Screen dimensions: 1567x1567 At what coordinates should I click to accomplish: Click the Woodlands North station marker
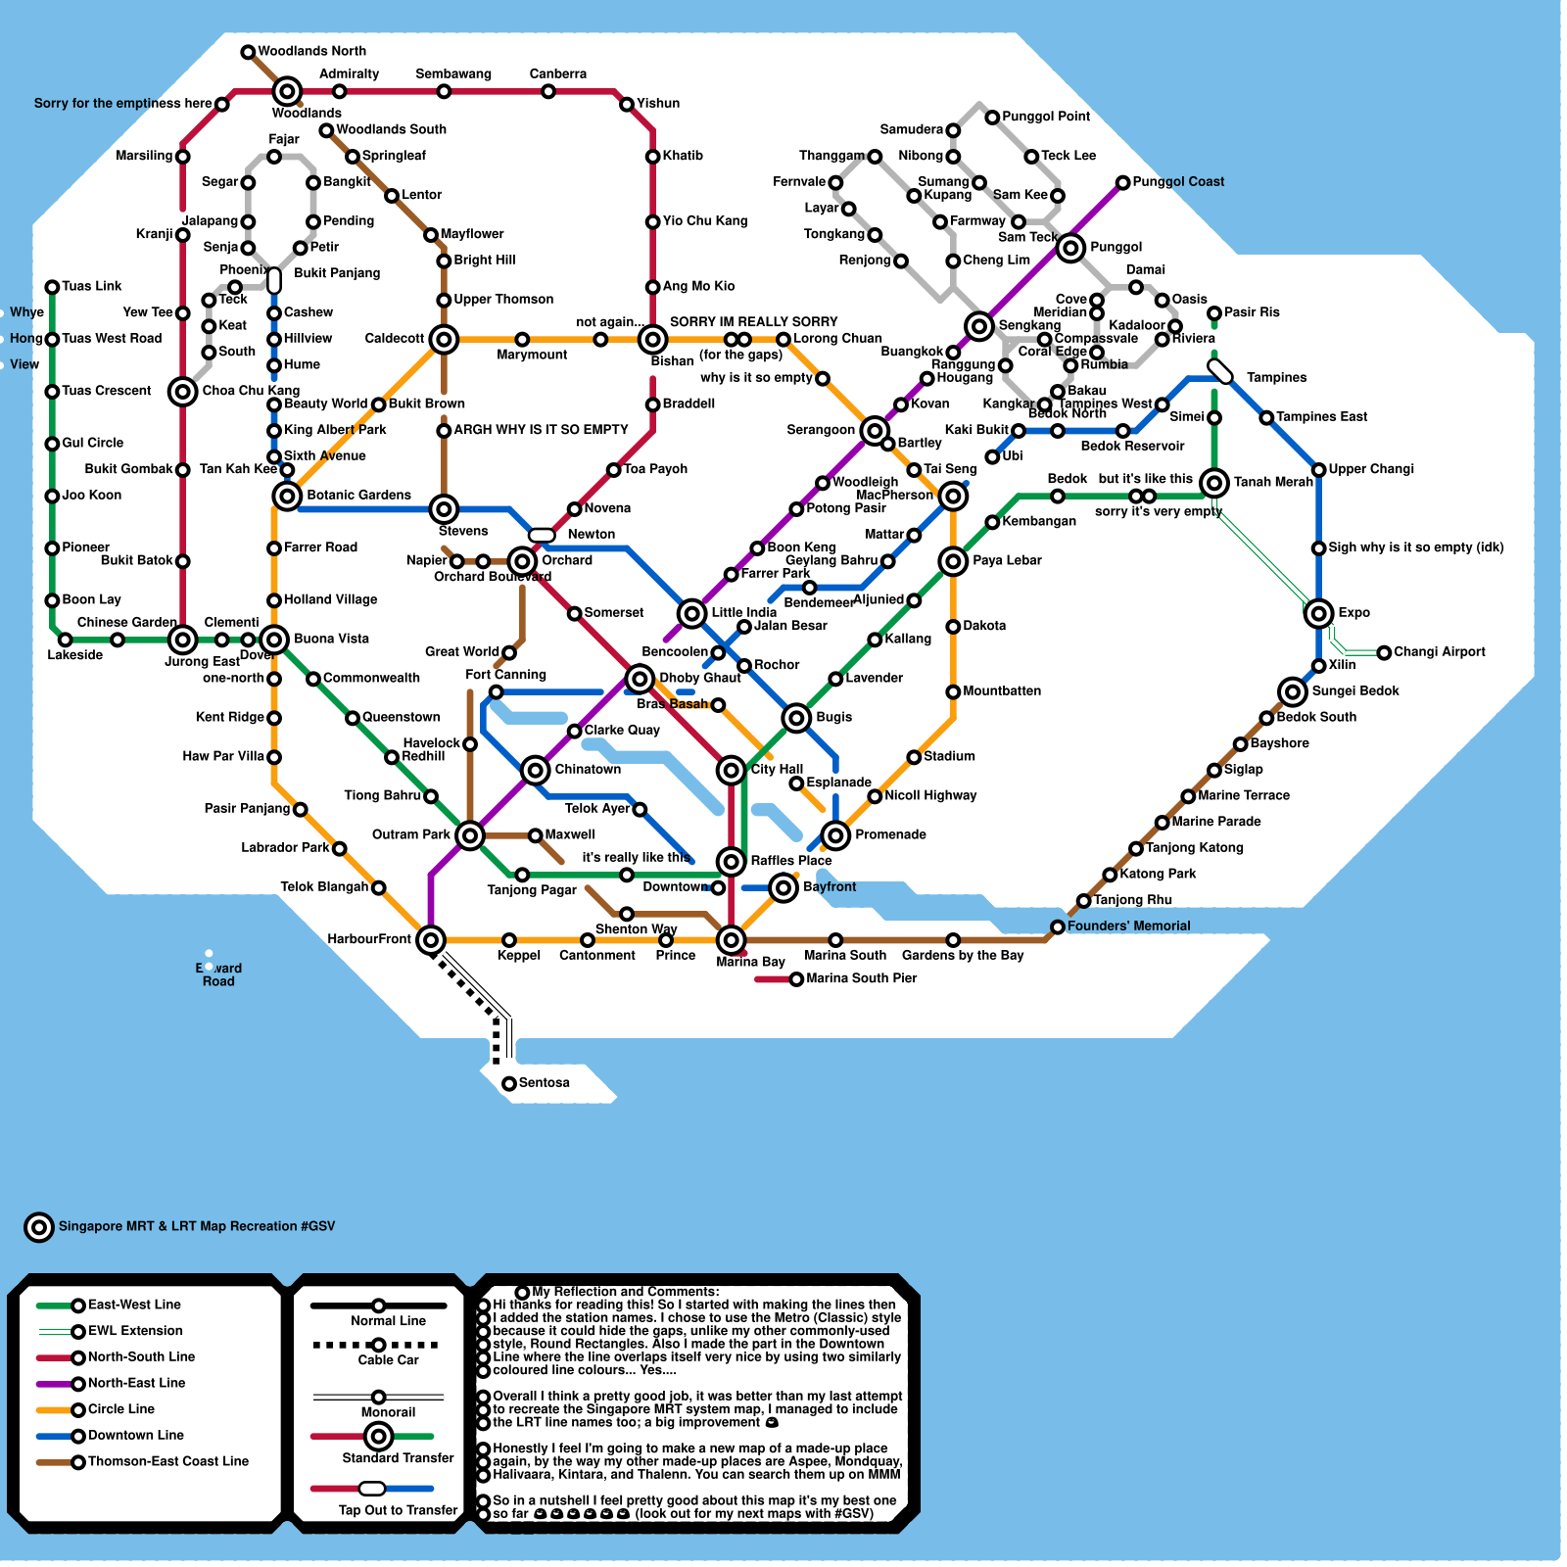248,52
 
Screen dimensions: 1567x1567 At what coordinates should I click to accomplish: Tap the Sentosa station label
544,1082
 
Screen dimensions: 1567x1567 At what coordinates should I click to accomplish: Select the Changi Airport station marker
1384,652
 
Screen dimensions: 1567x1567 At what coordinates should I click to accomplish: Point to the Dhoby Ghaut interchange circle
640,678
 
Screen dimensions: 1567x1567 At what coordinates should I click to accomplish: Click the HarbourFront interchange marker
431,939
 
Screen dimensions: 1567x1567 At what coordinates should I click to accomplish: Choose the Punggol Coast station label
1177,181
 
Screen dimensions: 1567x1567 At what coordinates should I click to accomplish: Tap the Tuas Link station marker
52,287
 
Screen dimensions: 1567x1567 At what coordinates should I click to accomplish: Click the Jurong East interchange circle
182,640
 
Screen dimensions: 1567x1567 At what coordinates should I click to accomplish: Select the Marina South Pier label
861,978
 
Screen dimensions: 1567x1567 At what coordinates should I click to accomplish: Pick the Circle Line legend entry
120,1409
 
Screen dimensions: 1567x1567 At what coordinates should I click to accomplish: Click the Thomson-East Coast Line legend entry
167,1461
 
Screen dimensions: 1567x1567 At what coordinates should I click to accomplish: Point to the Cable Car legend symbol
378,1345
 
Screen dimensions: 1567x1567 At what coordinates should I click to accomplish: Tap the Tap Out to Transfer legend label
398,1510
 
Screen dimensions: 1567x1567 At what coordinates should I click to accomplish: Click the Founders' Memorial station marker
1058,926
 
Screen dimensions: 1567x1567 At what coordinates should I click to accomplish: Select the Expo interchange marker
1319,613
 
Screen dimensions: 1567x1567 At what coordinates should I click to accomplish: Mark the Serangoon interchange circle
875,430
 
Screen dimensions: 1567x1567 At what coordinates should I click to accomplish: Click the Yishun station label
657,103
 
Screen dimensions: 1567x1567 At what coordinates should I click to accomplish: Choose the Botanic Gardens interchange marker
287,496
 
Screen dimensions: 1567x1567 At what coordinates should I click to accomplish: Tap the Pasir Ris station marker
1214,313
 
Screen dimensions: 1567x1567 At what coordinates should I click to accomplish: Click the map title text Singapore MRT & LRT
196,1226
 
